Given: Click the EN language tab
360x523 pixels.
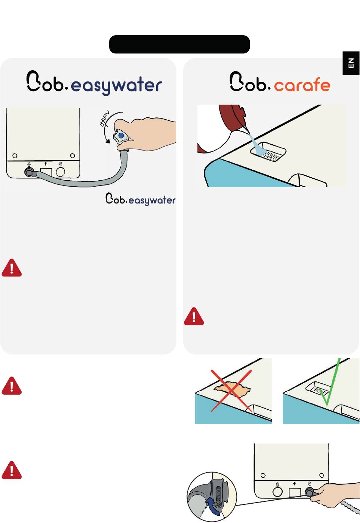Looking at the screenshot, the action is pos(351,63).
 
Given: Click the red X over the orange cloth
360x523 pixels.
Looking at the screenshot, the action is pos(231,390).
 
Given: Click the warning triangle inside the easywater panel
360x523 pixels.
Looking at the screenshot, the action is pos(11,268).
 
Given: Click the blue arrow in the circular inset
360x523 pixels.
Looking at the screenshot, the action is pos(213,506).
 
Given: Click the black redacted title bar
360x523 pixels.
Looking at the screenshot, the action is pos(179,44).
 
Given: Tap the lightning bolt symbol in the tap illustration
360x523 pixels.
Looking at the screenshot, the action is pos(46,164).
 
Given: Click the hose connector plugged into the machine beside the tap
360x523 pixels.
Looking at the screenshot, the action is pos(29,172).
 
